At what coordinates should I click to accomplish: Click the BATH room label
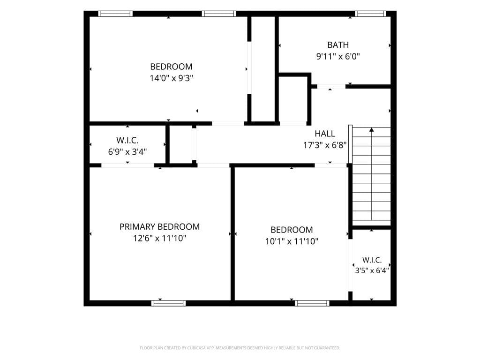point(338,45)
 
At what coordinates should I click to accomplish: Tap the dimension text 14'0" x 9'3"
point(172,78)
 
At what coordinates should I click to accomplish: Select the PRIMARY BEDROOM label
point(159,226)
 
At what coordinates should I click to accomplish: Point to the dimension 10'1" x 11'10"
point(292,241)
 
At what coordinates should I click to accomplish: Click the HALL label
point(325,134)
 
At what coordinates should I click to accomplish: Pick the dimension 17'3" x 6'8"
point(325,145)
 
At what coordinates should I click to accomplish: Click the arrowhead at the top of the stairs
point(372,130)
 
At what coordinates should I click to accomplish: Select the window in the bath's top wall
point(371,14)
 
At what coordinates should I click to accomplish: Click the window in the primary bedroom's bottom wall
point(168,303)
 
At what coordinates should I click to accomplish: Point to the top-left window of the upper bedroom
point(115,14)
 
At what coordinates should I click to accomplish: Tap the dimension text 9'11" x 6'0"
point(338,56)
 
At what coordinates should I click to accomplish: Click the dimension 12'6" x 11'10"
point(159,238)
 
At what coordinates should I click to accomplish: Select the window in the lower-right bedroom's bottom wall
point(312,303)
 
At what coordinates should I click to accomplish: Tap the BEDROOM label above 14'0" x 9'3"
point(172,67)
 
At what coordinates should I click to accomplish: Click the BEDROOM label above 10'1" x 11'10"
point(292,230)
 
